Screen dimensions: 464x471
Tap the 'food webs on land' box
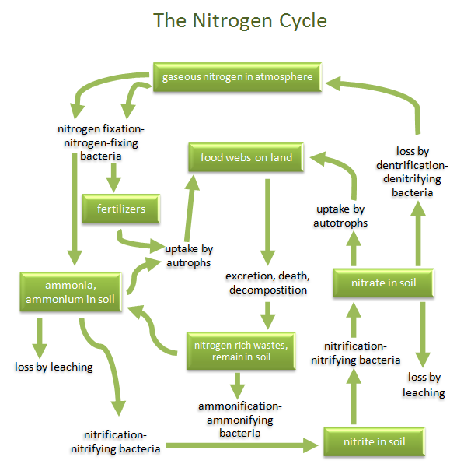[246, 158]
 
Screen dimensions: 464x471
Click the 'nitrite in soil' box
[375, 442]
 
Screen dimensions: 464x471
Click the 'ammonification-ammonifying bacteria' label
[239, 420]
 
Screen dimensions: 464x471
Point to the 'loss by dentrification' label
[419, 171]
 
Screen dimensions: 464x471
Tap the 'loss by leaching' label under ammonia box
[54, 366]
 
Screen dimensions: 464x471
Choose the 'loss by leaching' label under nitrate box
[424, 385]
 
